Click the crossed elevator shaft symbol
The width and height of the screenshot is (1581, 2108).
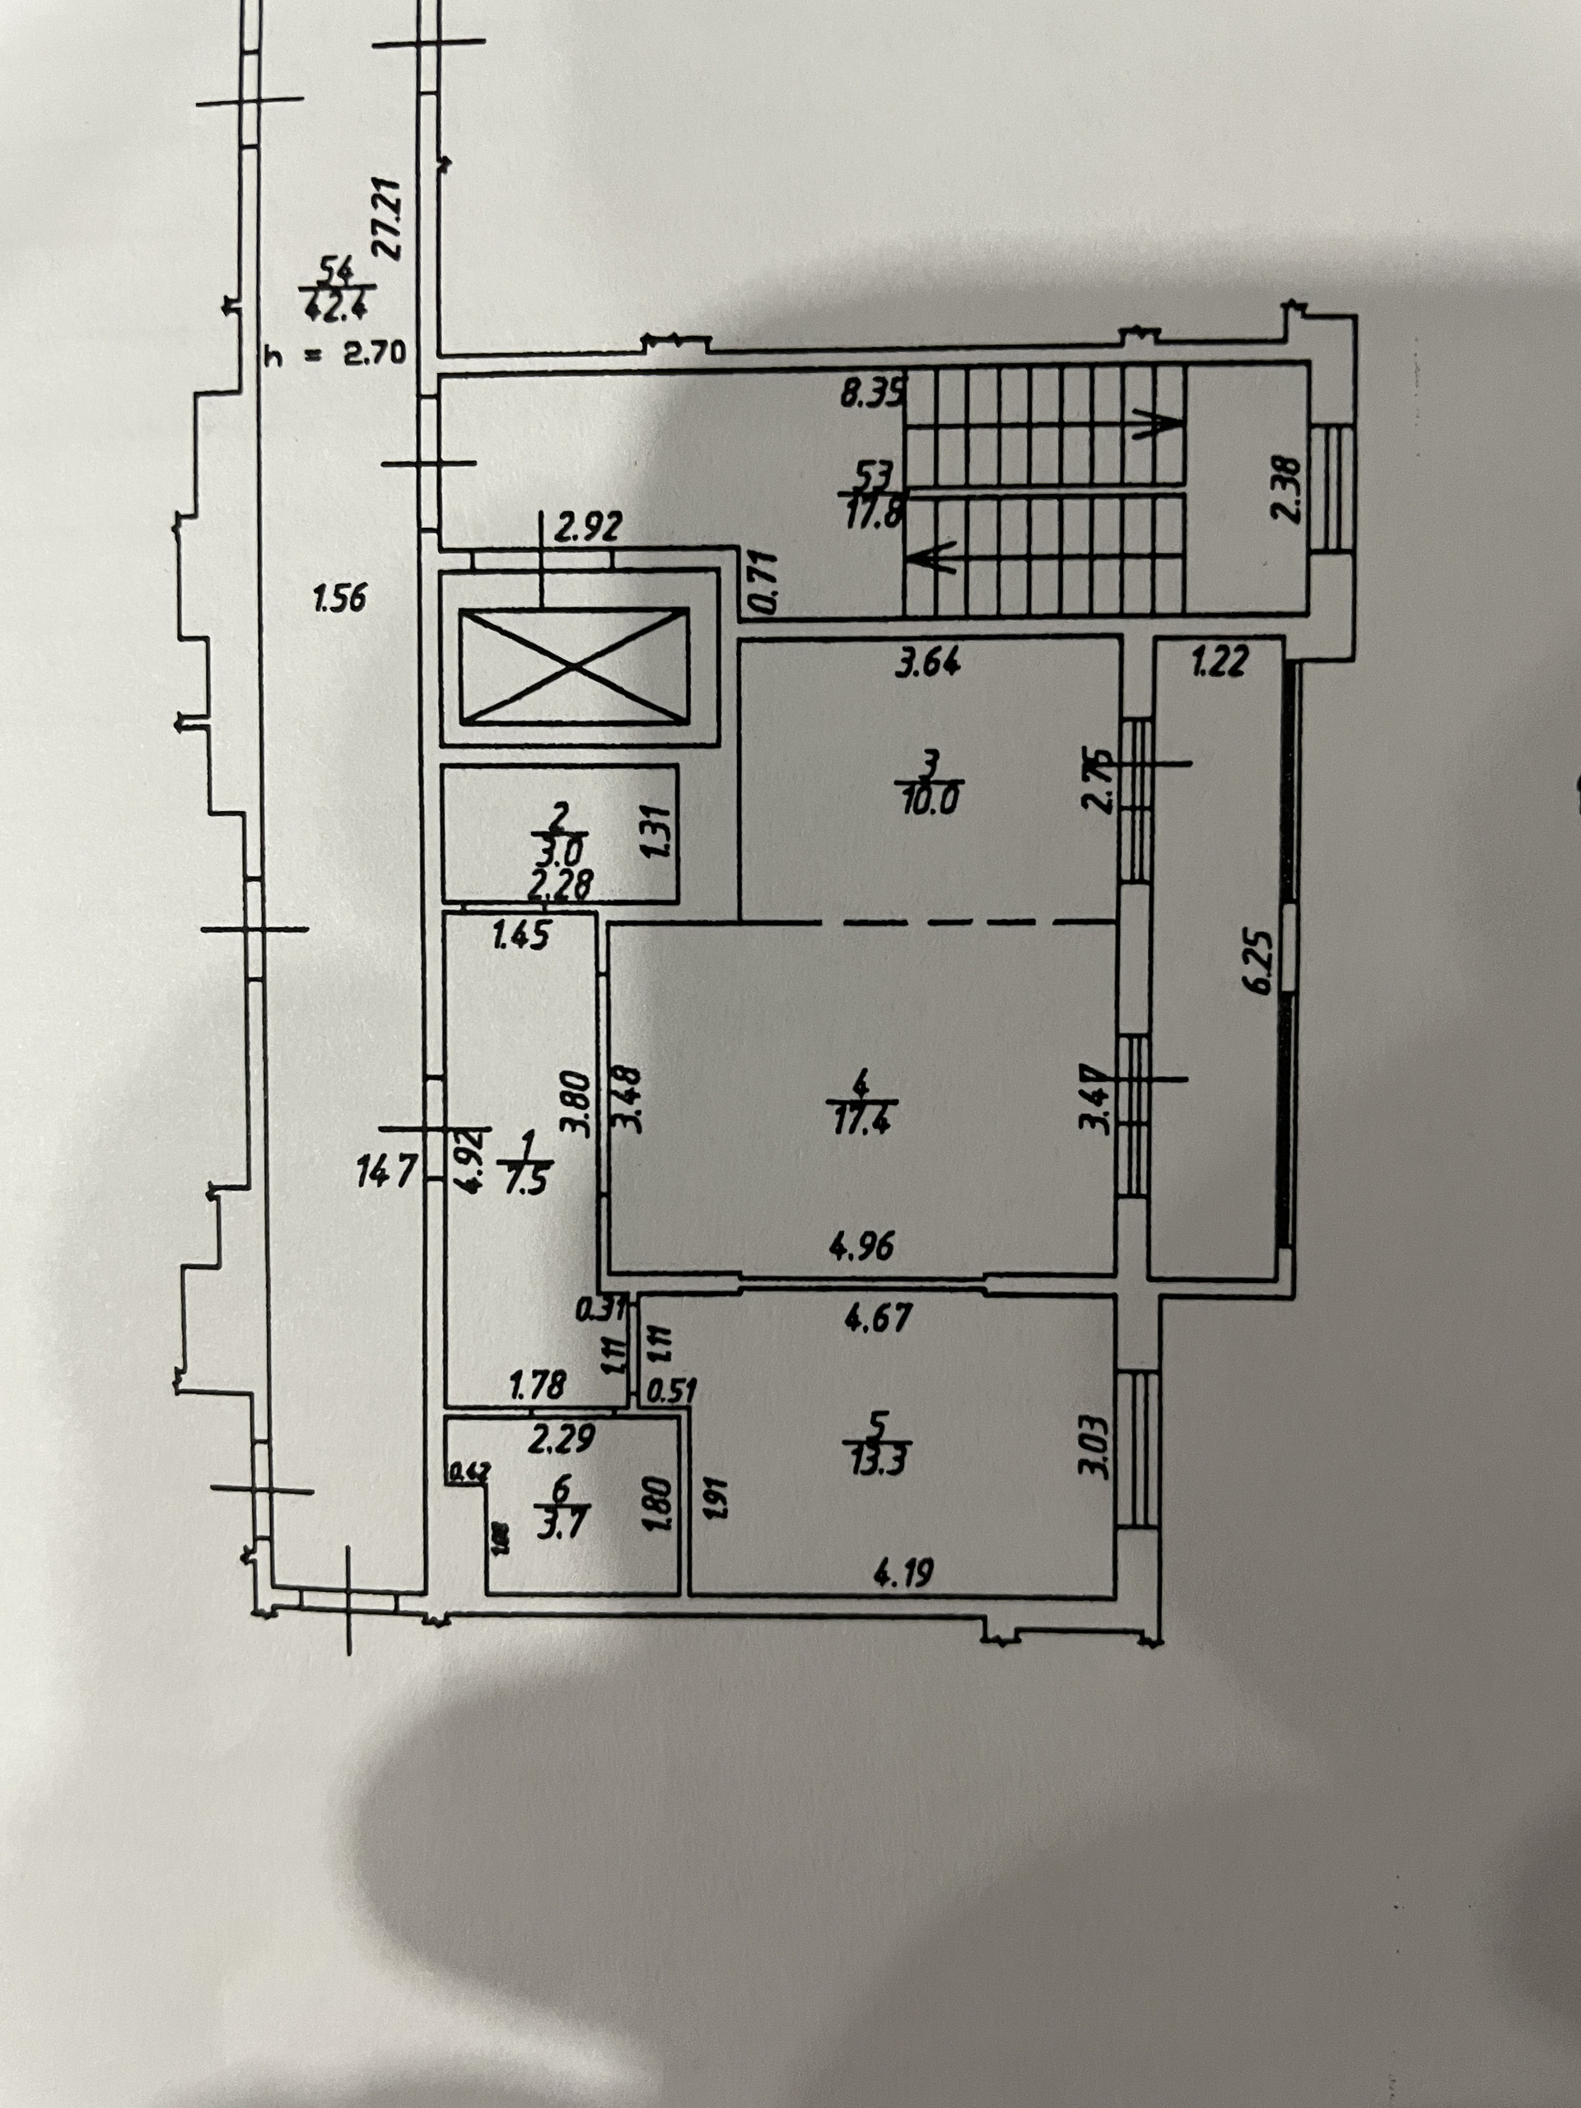click(x=574, y=665)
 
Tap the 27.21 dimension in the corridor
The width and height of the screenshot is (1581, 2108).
click(x=388, y=218)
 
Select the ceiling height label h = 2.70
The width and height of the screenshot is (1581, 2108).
click(x=335, y=355)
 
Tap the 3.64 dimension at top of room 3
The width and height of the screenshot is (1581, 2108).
click(x=926, y=661)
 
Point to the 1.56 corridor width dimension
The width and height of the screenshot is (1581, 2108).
click(x=339, y=599)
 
